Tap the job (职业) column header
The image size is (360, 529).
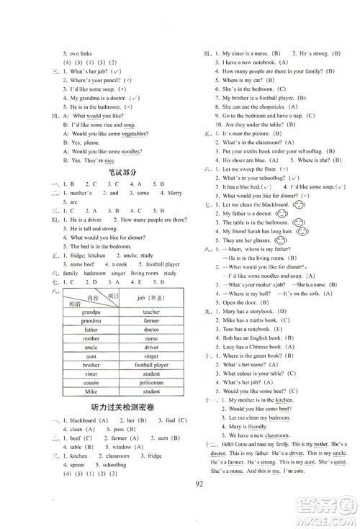click(x=151, y=297)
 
